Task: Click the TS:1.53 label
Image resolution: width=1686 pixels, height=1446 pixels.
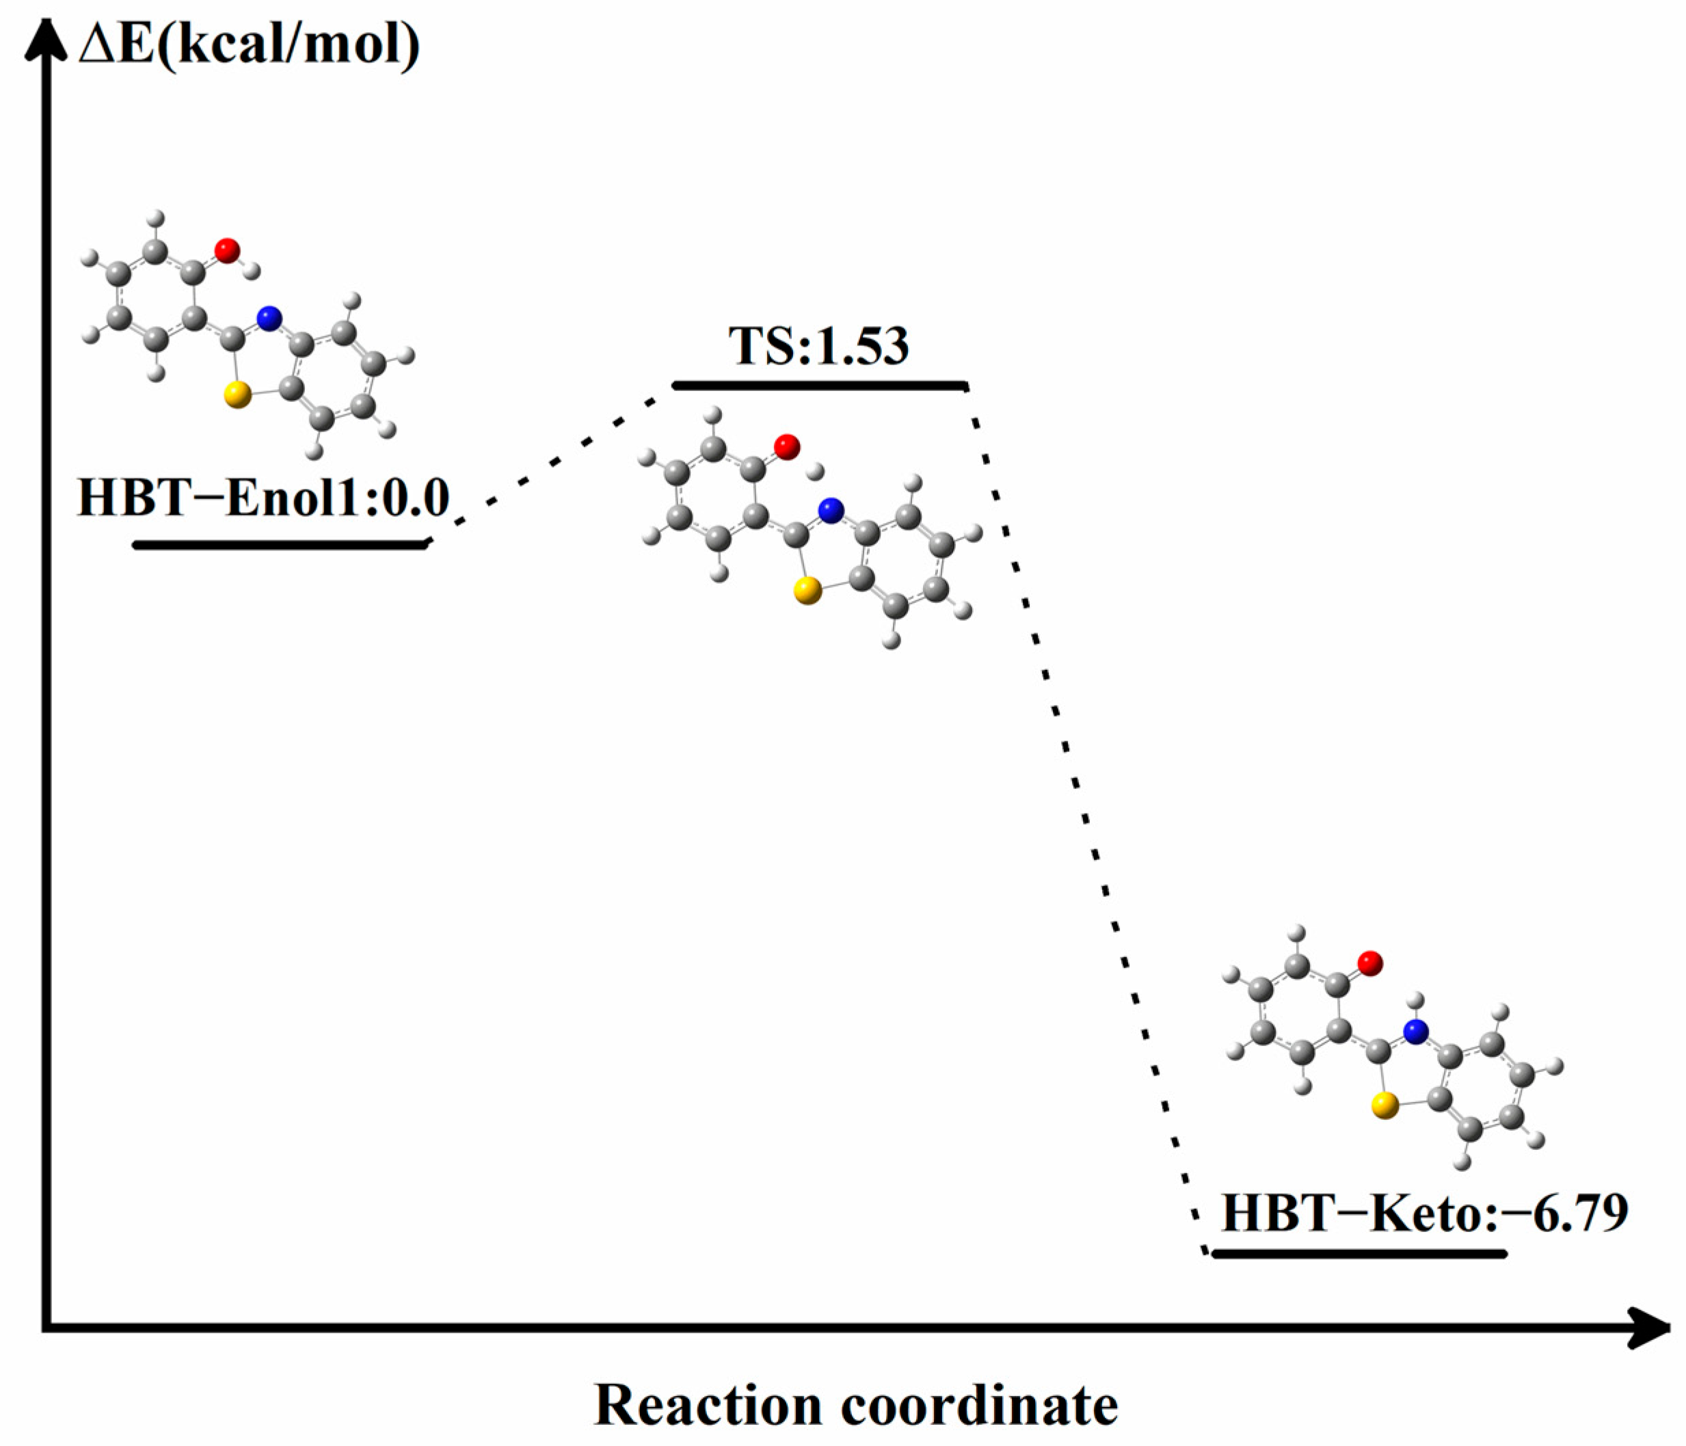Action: click(x=818, y=346)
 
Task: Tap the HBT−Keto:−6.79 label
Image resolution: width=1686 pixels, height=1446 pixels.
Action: click(x=1425, y=1214)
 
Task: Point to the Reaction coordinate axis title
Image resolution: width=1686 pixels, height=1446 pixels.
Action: click(x=856, y=1405)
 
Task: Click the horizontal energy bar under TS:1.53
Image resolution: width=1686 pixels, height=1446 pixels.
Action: click(x=820, y=385)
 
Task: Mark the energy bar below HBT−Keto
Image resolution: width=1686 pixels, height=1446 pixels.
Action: click(x=1360, y=1254)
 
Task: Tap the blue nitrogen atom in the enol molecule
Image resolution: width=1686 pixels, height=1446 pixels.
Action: click(x=269, y=318)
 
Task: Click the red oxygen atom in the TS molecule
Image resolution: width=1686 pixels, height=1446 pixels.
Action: click(x=787, y=446)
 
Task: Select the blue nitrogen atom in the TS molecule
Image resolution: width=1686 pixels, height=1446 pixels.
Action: click(x=830, y=511)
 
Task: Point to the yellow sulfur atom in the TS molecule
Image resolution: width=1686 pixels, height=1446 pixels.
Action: click(x=807, y=591)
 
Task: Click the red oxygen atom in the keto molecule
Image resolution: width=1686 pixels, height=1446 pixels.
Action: click(x=1370, y=963)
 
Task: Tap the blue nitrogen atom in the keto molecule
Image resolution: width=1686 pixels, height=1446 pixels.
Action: click(x=1416, y=1032)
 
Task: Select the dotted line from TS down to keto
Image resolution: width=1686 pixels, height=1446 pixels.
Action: click(x=1082, y=814)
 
